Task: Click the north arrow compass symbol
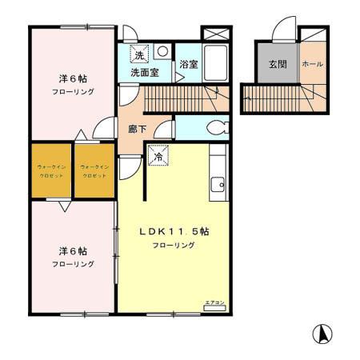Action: (322, 333)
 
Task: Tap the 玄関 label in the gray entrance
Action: (277, 64)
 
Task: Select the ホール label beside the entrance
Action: (314, 64)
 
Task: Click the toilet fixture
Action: (216, 127)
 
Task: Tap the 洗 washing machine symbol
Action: (139, 55)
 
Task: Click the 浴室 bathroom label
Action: (188, 64)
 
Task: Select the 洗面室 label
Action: (145, 73)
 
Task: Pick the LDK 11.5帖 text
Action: (174, 231)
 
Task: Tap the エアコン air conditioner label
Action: (214, 302)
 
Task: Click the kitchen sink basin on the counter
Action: (217, 187)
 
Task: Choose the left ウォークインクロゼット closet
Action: (50, 170)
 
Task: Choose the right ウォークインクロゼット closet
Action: (94, 170)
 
